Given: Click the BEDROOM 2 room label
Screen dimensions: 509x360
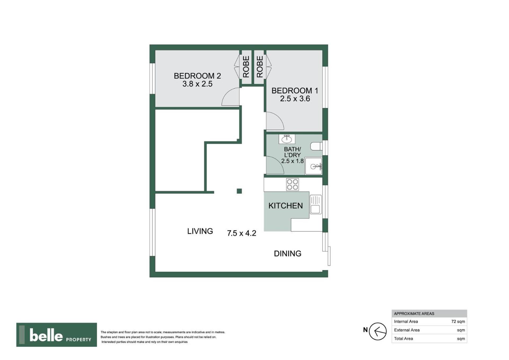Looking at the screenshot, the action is (x=197, y=76).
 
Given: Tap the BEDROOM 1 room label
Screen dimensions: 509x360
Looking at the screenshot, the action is (x=295, y=91).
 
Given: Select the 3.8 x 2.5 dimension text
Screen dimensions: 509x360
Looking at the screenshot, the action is (x=197, y=84).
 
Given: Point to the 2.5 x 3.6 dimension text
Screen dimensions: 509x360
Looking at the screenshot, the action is (x=295, y=99).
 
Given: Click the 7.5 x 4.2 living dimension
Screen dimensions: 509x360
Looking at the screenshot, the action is (x=242, y=233).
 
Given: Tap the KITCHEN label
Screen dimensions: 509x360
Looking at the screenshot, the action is (x=286, y=206).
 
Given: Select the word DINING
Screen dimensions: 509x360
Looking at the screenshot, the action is (x=287, y=254).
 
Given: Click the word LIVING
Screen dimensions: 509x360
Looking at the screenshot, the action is (x=200, y=231).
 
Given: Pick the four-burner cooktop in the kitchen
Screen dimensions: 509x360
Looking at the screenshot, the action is (x=292, y=184).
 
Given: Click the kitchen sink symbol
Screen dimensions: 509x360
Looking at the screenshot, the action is (x=315, y=204).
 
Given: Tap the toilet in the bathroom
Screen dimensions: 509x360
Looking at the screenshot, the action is (x=316, y=146).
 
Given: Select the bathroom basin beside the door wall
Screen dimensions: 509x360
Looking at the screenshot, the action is (x=287, y=139).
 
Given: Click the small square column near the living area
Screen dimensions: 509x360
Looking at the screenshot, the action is (x=239, y=191).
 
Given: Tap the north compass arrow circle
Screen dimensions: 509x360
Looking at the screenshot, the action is (x=378, y=331).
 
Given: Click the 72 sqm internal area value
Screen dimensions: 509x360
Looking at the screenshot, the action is (x=458, y=322).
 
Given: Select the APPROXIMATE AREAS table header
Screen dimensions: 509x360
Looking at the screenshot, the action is (x=414, y=314).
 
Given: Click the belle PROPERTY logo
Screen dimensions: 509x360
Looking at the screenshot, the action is (x=56, y=335).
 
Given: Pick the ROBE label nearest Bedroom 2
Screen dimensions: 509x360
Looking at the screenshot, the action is (x=246, y=67).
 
